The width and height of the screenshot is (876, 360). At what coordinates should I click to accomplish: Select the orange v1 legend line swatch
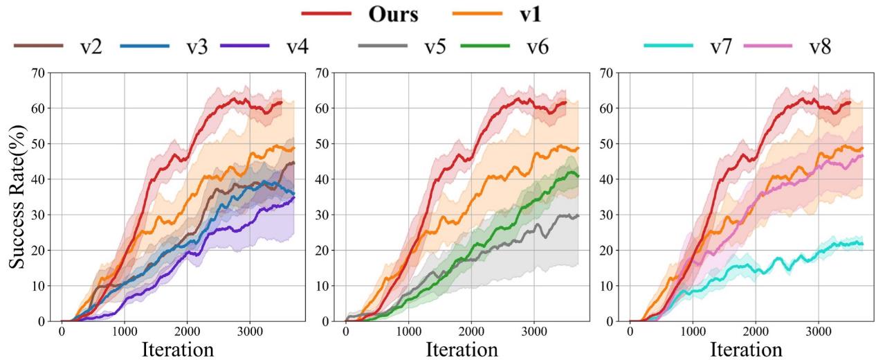coord(478,14)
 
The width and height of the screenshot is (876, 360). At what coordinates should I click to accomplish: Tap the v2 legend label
coord(90,46)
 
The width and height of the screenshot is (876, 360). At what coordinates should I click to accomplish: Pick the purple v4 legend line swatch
coord(245,46)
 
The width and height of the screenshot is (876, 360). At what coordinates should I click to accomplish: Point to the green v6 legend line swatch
coord(485,46)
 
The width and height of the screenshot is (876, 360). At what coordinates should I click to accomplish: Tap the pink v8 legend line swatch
coord(767,46)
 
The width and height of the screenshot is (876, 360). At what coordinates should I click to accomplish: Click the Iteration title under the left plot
coord(177,348)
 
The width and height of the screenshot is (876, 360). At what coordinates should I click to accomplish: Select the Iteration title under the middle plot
coord(462,348)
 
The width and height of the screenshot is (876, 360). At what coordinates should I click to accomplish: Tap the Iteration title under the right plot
coord(746,348)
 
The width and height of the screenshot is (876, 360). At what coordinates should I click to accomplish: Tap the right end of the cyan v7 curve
coord(863,244)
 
